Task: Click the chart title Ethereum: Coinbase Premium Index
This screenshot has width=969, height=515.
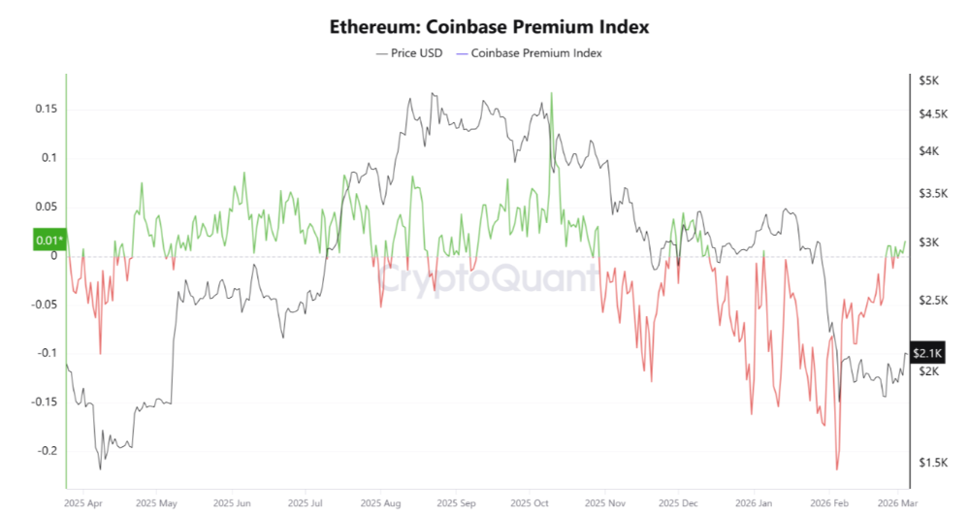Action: [487, 26]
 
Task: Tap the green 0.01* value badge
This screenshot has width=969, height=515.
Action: [48, 240]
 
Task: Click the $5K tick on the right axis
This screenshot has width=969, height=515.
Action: [928, 80]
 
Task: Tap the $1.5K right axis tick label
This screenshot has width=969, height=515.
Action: [931, 463]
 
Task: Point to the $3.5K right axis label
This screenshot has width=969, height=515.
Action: [931, 194]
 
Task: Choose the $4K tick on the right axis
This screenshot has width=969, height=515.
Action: [928, 150]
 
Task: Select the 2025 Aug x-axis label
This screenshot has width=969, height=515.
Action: [380, 504]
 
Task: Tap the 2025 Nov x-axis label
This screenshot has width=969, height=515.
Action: [605, 504]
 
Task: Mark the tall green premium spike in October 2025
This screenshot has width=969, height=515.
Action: [551, 95]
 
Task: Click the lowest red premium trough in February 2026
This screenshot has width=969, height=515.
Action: [836, 468]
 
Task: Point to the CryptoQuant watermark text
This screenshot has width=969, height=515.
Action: [487, 278]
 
